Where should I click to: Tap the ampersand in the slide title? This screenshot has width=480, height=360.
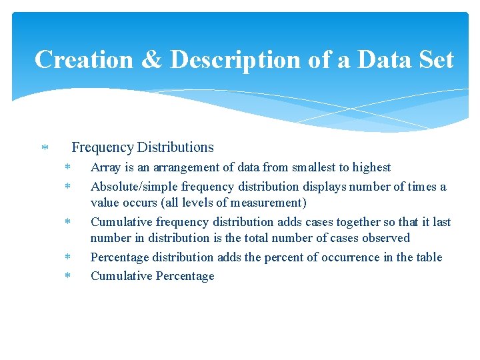point(151,59)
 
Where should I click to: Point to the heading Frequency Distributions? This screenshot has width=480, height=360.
point(143,147)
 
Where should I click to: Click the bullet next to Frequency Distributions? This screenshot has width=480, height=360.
point(44,147)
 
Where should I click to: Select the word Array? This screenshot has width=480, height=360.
point(105,168)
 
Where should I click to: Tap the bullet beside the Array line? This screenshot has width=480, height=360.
point(67,168)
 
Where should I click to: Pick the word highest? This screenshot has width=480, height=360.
point(369,168)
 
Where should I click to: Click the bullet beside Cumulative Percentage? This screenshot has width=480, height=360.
point(67,276)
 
